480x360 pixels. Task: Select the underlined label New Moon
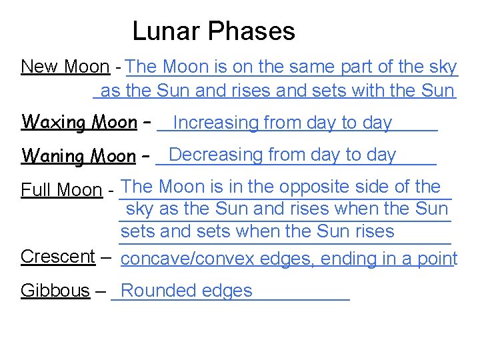coord(65,67)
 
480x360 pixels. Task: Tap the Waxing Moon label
coord(79,122)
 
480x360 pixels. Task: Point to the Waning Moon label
coord(79,156)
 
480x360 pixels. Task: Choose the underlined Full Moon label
coord(61,191)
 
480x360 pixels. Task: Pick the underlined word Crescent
coord(58,257)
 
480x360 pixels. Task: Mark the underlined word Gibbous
coord(55,291)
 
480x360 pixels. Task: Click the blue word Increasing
coord(215,123)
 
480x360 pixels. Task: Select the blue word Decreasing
coord(217,155)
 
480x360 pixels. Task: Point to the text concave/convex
coord(189,259)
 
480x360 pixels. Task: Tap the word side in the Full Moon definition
coord(377,187)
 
